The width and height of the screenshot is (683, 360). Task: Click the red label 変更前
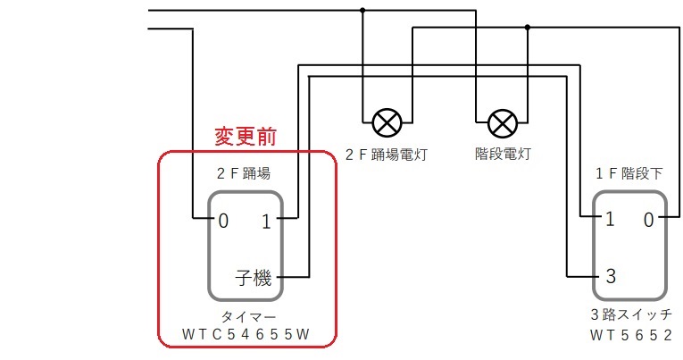point(245,137)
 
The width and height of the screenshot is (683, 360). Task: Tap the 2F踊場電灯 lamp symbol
point(387,121)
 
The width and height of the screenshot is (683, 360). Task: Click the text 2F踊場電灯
point(387,155)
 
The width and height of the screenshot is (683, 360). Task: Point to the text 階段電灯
point(503,155)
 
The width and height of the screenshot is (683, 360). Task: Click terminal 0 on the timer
point(223,220)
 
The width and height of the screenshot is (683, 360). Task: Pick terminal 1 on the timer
point(266,220)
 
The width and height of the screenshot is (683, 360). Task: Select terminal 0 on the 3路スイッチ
point(649,220)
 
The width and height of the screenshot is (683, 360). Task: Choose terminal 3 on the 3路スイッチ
point(611,275)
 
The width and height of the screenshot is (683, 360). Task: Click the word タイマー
point(246,318)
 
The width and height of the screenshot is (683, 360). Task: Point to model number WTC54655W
point(246,336)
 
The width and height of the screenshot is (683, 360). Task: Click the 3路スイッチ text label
point(630,315)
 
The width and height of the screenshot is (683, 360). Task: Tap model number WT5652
point(630,336)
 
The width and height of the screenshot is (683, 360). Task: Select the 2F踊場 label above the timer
point(243,173)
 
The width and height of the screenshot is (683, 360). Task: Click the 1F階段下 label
point(629,173)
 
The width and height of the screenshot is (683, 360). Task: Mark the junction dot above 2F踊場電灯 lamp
point(362,10)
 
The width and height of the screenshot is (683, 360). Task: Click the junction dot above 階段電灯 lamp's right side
point(528,28)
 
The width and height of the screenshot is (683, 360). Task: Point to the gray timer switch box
point(246,246)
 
